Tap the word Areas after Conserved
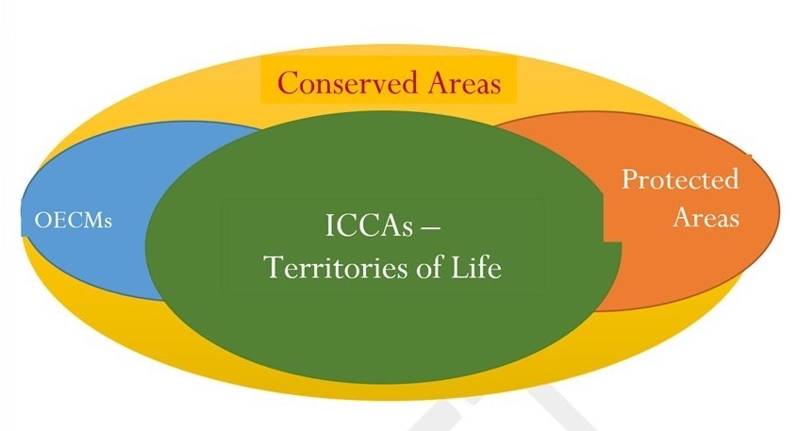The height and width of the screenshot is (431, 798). (464, 83)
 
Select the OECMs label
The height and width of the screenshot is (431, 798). (74, 221)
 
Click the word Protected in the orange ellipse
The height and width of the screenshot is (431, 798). (680, 179)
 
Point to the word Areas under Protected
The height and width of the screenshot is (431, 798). (706, 217)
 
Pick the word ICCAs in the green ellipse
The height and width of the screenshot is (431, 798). (369, 225)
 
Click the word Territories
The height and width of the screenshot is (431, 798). (337, 267)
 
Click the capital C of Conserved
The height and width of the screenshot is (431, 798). (288, 83)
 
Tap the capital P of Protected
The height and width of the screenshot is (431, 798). (630, 179)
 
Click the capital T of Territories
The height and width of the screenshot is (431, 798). (274, 268)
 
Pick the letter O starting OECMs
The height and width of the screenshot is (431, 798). (42, 221)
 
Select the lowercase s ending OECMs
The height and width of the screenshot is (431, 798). (108, 223)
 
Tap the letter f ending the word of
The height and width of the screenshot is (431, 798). (440, 267)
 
